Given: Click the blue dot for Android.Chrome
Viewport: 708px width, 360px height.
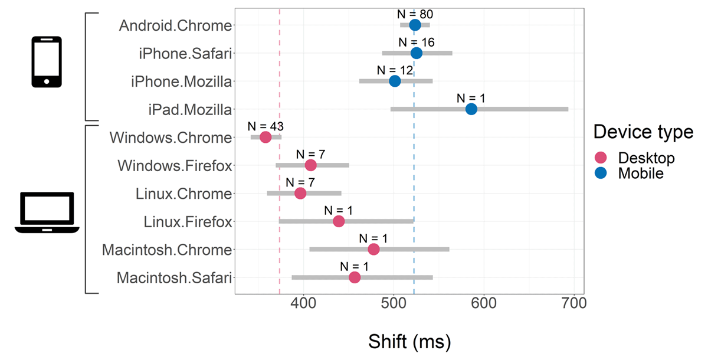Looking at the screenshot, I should (x=415, y=25).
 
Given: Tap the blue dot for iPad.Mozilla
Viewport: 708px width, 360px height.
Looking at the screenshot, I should (x=471, y=109).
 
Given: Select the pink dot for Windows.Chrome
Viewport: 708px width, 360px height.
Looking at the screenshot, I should (x=265, y=138).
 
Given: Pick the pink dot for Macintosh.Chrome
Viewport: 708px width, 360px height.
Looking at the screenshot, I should (x=373, y=250).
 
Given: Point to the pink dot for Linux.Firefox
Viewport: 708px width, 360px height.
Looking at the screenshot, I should (x=339, y=221).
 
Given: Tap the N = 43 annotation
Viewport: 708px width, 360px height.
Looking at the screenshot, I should (x=266, y=126).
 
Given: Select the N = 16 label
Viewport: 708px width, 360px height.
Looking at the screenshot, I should (x=417, y=42).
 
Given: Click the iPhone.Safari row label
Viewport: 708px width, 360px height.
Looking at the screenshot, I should (x=185, y=53).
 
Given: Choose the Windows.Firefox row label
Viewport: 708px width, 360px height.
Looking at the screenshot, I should (x=175, y=166).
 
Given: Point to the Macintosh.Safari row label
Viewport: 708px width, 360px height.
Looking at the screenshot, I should (x=174, y=277).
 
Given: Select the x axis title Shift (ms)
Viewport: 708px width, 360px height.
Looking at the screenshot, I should (x=409, y=341).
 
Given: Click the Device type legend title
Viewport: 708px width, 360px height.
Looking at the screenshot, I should (x=643, y=132).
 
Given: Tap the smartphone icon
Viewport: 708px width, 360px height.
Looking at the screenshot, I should (x=47, y=62).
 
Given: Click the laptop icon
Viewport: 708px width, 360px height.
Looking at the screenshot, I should (x=47, y=213).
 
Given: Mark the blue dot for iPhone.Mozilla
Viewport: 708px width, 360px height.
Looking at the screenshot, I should (x=395, y=81).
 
